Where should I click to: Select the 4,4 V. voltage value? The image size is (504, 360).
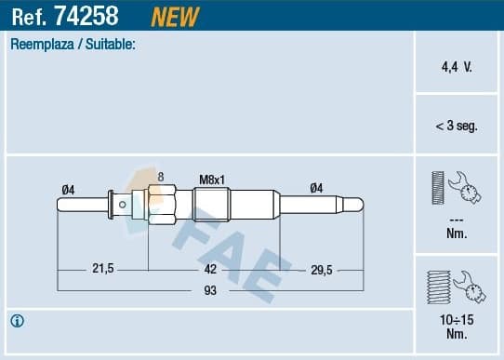456,68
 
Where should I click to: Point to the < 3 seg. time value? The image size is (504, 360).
456,126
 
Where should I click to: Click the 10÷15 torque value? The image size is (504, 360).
456,320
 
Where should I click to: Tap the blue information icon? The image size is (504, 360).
18,322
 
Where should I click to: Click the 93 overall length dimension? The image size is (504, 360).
210,292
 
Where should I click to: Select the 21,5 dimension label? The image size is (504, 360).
102,269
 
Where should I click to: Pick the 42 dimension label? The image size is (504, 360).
210,269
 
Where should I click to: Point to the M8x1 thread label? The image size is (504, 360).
213,180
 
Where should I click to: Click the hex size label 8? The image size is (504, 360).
161,177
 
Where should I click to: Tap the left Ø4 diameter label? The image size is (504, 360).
68,189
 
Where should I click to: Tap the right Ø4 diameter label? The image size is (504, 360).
316,188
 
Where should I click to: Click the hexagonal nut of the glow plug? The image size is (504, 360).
162,201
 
